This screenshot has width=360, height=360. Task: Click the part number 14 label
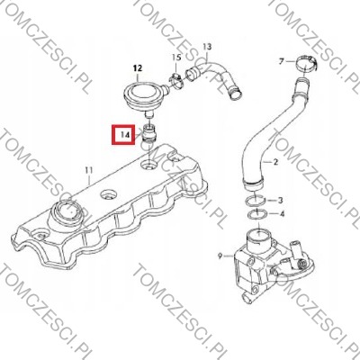[124, 135]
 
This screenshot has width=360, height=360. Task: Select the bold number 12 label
[137, 68]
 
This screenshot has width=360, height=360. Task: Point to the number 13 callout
[207, 47]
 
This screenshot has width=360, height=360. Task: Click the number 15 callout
[176, 57]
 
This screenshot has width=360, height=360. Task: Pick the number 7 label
[281, 62]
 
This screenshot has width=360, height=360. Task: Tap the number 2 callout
[275, 162]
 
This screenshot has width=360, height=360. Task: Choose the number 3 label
[280, 200]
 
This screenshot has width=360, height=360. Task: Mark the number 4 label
[282, 214]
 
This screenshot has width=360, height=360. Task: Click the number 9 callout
[220, 256]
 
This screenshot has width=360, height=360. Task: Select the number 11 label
[88, 171]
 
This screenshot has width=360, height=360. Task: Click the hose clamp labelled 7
[306, 64]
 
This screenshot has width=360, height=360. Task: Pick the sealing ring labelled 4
[256, 216]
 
